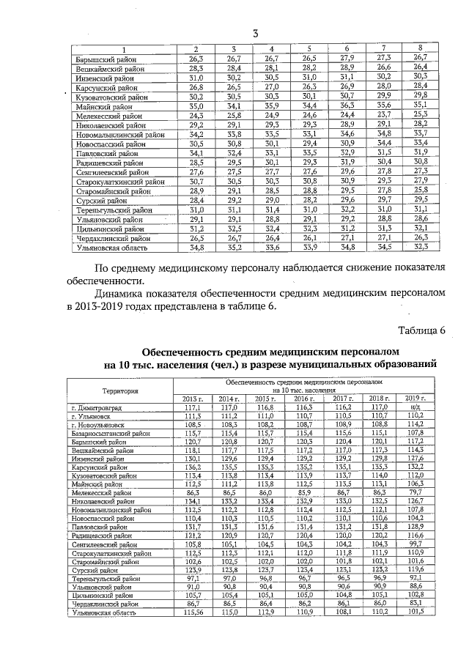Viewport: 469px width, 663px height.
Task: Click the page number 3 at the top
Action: [256, 33]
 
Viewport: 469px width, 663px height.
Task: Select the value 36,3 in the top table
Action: [347, 106]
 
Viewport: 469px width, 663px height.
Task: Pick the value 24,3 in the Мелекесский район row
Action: [196, 116]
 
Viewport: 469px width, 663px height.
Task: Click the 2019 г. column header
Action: [416, 398]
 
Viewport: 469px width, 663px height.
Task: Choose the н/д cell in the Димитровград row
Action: [416, 407]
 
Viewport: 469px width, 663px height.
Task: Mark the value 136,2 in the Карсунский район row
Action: [192, 466]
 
